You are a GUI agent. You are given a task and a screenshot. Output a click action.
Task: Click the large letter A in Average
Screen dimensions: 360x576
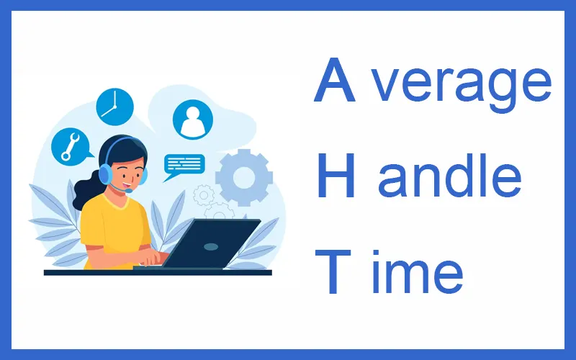[x=336, y=81]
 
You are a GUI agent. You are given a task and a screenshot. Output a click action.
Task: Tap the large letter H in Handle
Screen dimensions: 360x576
[x=336, y=174]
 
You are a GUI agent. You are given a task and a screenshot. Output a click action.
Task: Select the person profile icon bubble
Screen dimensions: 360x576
[x=193, y=119]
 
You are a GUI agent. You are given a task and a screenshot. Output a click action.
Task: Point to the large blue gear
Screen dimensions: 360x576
[x=244, y=177]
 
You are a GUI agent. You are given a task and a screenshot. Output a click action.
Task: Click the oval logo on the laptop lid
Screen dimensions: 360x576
[x=210, y=246]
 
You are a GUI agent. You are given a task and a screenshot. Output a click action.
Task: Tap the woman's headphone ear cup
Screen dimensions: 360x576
[x=106, y=174]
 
